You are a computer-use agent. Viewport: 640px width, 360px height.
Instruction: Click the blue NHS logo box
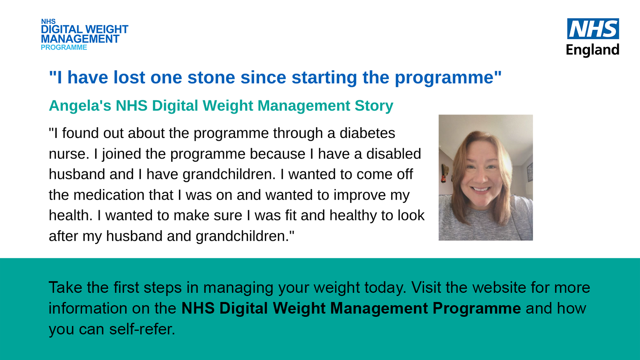[593, 28]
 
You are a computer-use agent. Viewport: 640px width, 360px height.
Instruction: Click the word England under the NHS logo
[592, 50]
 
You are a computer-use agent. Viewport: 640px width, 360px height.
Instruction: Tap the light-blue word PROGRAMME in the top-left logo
[64, 48]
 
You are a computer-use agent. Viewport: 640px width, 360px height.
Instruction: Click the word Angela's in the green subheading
[80, 106]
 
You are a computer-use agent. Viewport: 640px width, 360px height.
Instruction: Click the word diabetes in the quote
[367, 133]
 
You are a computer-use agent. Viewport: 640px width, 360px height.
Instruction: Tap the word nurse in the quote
[67, 154]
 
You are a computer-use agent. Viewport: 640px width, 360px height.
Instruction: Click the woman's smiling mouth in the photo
[480, 189]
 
